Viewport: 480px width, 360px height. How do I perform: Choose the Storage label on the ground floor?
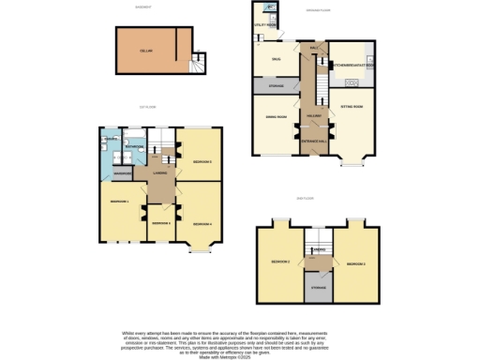[276, 87]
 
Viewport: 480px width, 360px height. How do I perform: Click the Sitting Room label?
[352, 108]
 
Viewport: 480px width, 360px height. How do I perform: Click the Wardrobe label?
[121, 174]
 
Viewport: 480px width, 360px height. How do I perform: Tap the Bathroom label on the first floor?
[133, 147]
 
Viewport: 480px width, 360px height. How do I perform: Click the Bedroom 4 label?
[201, 224]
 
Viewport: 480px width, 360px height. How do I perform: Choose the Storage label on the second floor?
[318, 286]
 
